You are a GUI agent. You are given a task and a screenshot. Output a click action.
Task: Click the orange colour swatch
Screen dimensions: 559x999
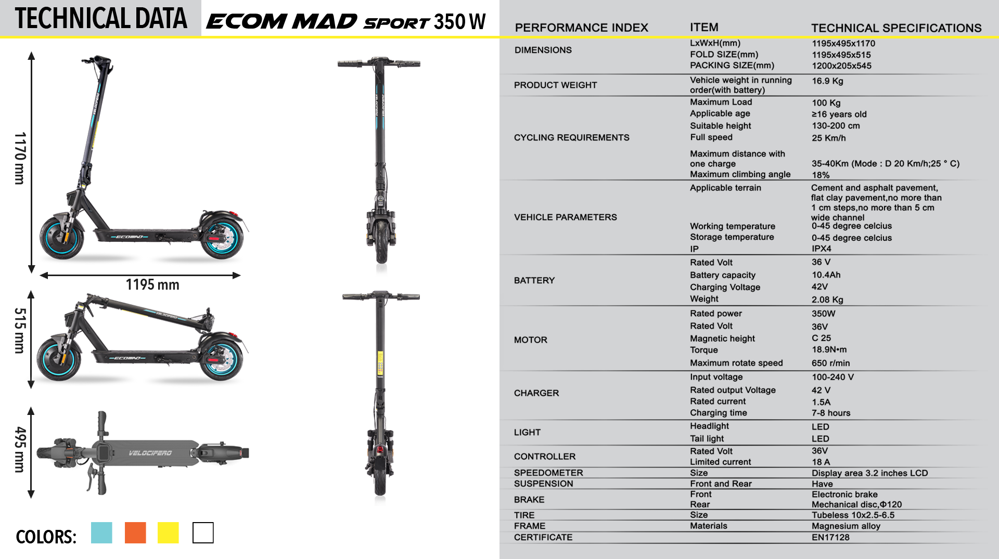135,532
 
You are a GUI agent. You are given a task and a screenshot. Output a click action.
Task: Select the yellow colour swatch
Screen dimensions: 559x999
168,532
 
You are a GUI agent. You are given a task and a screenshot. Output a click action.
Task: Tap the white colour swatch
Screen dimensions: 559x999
203,532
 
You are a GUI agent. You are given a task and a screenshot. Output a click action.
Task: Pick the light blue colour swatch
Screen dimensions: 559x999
101,532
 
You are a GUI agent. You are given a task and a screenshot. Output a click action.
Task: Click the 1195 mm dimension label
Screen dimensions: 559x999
152,284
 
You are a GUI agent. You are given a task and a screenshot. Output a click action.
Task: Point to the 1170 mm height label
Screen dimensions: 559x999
20,158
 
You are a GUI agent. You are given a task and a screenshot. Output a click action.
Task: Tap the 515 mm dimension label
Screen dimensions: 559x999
20,331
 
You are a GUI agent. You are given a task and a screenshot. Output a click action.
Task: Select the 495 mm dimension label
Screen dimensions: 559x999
20,449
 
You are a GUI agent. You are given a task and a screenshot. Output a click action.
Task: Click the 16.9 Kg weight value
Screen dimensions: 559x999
827,81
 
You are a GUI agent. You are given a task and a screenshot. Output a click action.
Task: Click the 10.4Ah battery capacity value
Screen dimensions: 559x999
826,275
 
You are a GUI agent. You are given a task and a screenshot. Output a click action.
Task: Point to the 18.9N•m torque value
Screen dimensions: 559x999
829,349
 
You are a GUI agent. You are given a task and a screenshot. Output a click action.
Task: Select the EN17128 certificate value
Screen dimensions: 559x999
830,537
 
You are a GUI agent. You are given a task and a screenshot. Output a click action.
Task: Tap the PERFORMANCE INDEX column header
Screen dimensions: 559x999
581,28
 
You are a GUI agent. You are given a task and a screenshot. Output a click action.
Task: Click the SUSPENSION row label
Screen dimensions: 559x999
543,484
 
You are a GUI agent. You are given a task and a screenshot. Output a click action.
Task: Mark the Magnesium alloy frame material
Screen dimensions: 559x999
846,526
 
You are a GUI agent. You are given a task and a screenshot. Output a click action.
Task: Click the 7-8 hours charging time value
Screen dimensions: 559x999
831,413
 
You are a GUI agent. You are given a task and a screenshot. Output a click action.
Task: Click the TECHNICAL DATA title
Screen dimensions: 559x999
101,19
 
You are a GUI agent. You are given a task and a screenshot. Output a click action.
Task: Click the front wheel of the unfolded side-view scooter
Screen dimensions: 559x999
62,238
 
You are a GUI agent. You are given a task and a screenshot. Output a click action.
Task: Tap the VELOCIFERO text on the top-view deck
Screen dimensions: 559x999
150,453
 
